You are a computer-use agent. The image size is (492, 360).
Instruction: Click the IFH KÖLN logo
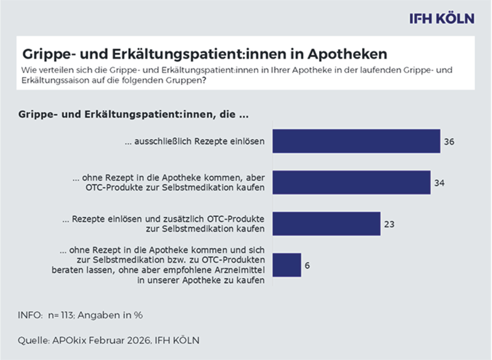pyautogui.click(x=441, y=19)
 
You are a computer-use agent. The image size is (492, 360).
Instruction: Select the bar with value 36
pyautogui.click(x=356, y=141)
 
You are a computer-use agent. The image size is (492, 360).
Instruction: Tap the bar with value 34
pyautogui.click(x=351, y=183)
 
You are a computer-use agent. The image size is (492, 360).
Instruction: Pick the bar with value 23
pyautogui.click(x=326, y=224)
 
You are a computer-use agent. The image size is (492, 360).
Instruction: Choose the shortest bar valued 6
pyautogui.click(x=286, y=265)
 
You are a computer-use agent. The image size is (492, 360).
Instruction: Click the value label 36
pyautogui.click(x=449, y=141)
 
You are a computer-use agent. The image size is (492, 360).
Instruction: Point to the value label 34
pyautogui.click(x=439, y=183)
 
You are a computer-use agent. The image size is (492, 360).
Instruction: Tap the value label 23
pyautogui.click(x=389, y=224)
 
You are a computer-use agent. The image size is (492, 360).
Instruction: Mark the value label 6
pyautogui.click(x=307, y=265)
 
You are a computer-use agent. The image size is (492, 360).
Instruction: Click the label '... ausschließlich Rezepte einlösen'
pyautogui.click(x=194, y=141)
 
